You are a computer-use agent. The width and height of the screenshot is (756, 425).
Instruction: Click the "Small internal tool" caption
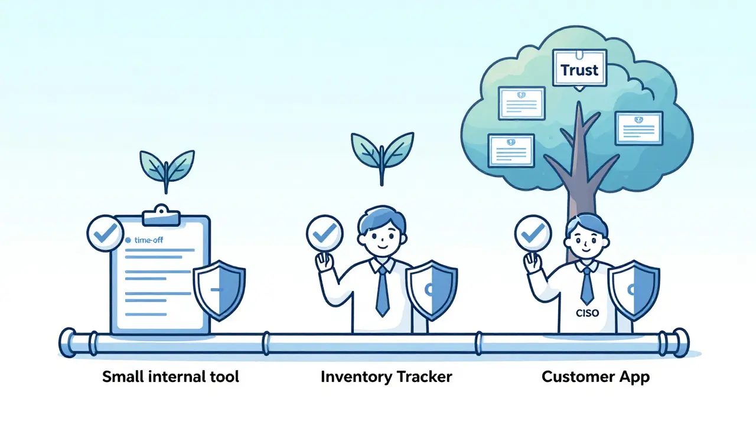pyautogui.click(x=171, y=377)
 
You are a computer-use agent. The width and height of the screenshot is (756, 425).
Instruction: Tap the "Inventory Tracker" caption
pyautogui.click(x=386, y=377)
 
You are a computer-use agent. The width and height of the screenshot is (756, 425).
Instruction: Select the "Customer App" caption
pyautogui.click(x=595, y=377)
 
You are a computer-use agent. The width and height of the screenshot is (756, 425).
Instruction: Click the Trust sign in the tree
pyautogui.click(x=579, y=70)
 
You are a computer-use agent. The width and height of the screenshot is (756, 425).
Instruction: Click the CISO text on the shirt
pyautogui.click(x=586, y=313)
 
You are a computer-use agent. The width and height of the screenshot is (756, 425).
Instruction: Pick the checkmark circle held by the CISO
pyautogui.click(x=533, y=234)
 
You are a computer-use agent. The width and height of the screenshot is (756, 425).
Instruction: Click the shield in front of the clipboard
pyautogui.click(x=219, y=289)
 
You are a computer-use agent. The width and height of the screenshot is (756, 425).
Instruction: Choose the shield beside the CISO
pyautogui.click(x=634, y=290)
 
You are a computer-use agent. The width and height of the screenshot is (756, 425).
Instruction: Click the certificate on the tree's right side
pyautogui.click(x=638, y=128)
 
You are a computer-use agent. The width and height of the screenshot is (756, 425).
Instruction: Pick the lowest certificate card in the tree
pyautogui.click(x=511, y=151)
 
